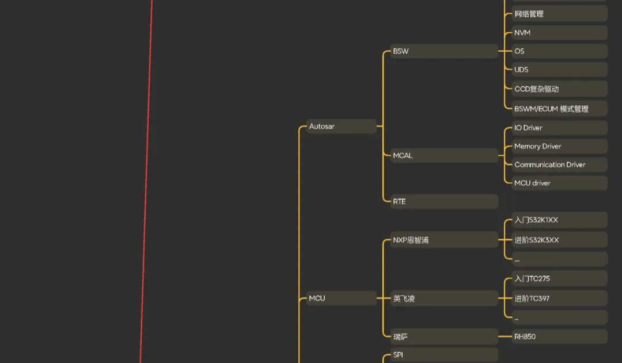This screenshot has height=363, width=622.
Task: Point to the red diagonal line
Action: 146,181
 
